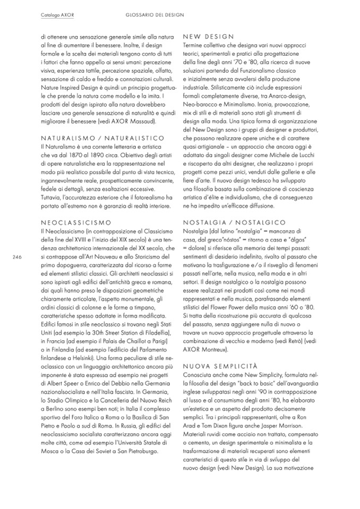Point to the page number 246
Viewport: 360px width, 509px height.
tap(16, 256)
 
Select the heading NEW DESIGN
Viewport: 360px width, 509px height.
tap(208, 37)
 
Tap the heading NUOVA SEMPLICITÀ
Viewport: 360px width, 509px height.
tap(220, 366)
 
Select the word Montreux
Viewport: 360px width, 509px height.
tap(211, 350)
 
